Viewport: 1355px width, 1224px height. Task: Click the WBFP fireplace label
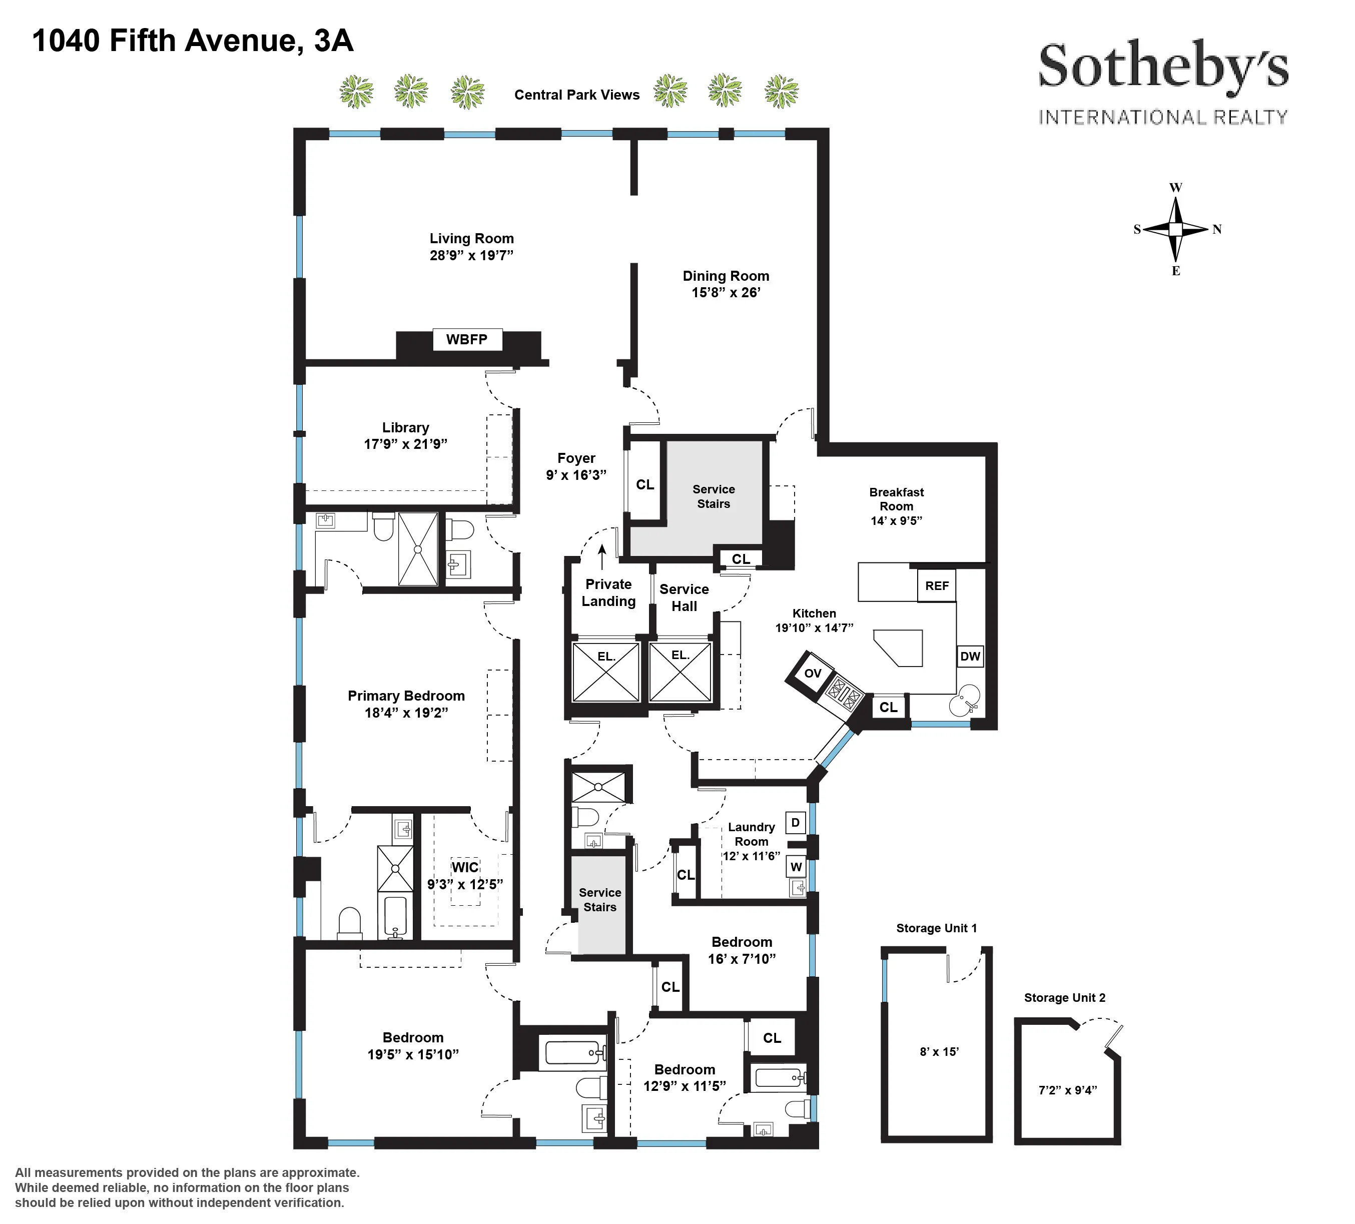pyautogui.click(x=466, y=339)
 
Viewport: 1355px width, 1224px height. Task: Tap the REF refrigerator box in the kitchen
pyautogui.click(x=936, y=585)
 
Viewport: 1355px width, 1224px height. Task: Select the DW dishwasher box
pyautogui.click(x=969, y=656)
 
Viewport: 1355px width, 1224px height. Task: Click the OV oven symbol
pyautogui.click(x=813, y=673)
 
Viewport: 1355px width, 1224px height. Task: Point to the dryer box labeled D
pyautogui.click(x=795, y=822)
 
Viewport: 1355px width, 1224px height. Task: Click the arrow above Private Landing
pyautogui.click(x=602, y=556)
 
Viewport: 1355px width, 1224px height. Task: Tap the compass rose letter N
pyautogui.click(x=1216, y=229)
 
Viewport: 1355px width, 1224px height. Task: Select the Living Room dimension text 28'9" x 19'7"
pyautogui.click(x=471, y=255)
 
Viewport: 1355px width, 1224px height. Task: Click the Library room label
pyautogui.click(x=405, y=427)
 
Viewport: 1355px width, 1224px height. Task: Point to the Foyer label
pyautogui.click(x=576, y=458)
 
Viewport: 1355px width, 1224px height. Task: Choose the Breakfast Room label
pyautogui.click(x=896, y=499)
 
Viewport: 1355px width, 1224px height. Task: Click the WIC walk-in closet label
pyautogui.click(x=465, y=867)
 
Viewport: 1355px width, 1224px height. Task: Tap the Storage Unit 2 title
pyautogui.click(x=1064, y=997)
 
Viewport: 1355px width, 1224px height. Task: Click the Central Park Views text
pyautogui.click(x=577, y=95)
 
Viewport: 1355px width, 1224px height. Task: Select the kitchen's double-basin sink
pyautogui.click(x=964, y=701)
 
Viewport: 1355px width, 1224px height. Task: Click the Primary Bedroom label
pyautogui.click(x=406, y=696)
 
